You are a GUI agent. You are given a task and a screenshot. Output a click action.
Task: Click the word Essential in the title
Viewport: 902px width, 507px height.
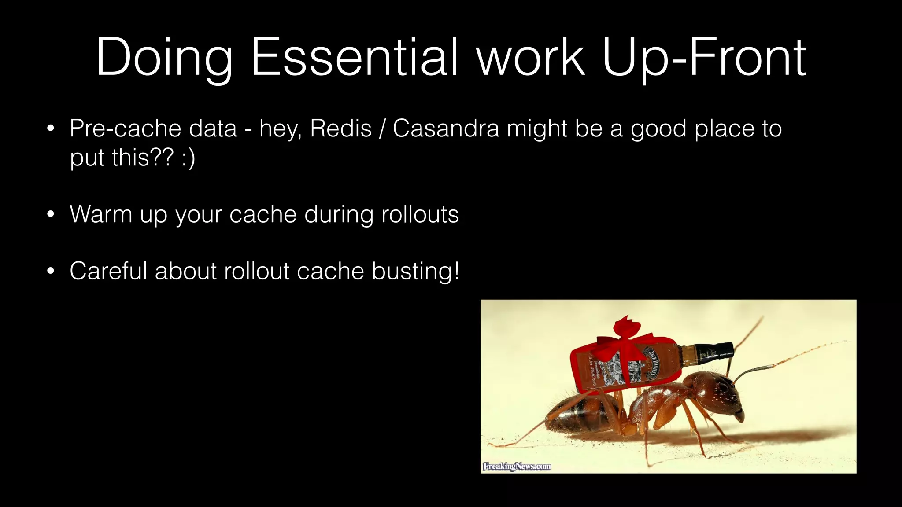pos(355,57)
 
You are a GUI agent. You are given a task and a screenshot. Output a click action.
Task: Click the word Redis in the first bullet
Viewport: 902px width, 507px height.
pos(341,129)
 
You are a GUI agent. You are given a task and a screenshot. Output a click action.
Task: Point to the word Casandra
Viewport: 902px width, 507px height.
pos(446,129)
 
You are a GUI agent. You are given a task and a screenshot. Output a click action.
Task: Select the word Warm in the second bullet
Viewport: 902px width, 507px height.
pos(101,214)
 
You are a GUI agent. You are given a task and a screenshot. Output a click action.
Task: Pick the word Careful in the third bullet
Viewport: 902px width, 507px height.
pos(108,271)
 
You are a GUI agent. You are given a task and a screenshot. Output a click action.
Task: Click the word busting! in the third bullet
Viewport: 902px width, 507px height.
pos(415,271)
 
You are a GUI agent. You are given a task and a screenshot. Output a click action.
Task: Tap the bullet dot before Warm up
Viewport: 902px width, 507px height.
pos(51,215)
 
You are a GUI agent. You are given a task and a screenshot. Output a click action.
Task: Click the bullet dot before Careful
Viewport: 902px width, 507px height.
pos(51,271)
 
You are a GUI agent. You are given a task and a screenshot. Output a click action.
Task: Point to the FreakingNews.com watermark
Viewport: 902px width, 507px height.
pos(517,466)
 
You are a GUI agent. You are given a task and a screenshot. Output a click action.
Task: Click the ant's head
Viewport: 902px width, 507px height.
pos(722,394)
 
